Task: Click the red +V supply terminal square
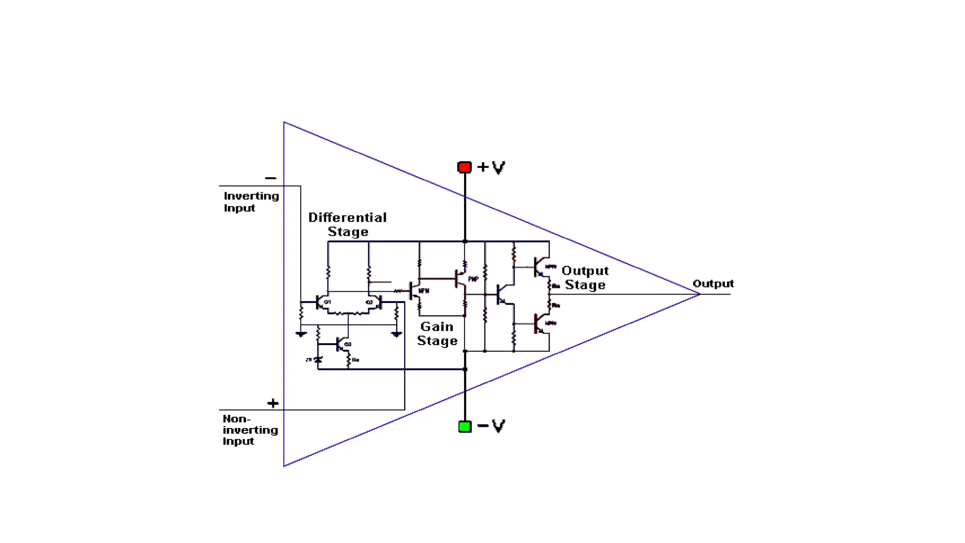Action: pos(464,167)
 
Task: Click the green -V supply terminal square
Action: pos(465,426)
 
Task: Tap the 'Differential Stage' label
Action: pos(347,224)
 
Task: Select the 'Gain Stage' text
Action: pos(437,333)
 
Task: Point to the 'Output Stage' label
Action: pos(585,278)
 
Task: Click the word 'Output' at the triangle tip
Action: pos(713,283)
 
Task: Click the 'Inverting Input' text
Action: pos(251,202)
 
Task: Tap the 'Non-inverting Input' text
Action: pos(250,430)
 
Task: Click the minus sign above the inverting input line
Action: pos(270,178)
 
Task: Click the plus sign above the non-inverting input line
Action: pos(273,403)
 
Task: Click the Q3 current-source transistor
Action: pos(342,345)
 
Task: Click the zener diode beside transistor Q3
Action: pos(318,360)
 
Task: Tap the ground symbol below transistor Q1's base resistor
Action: pos(301,334)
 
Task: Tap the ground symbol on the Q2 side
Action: pos(396,334)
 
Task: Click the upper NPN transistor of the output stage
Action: pos(539,267)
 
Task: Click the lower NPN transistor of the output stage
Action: pos(539,323)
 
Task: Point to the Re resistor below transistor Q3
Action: pos(349,361)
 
